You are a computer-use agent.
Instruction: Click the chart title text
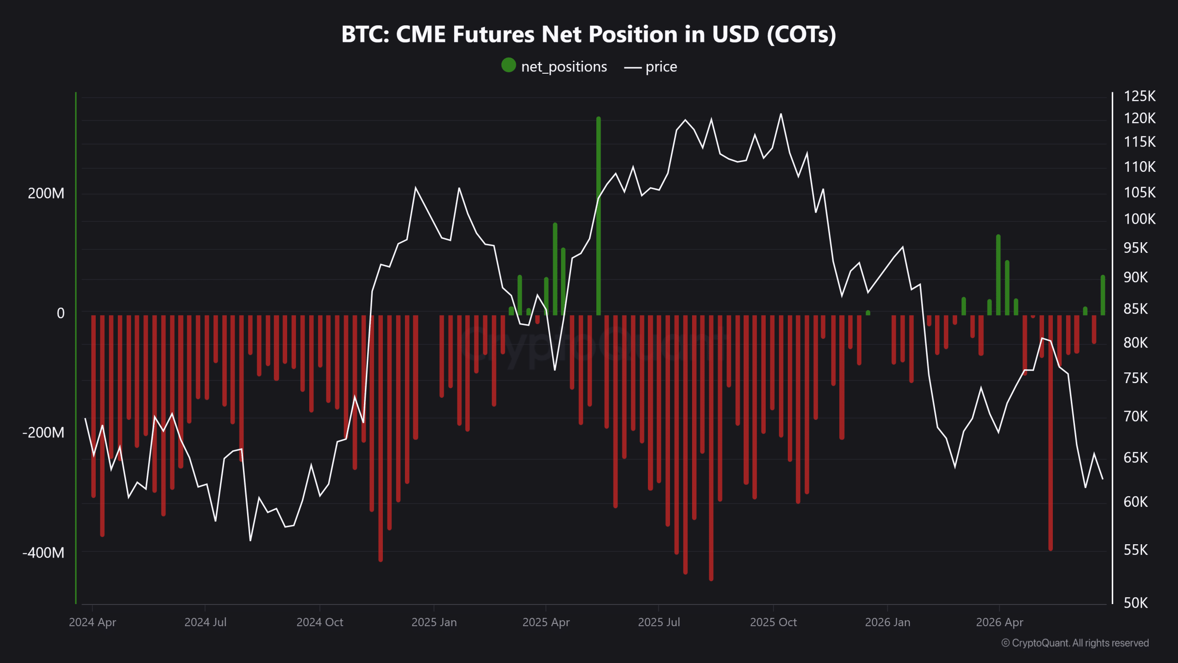pyautogui.click(x=589, y=35)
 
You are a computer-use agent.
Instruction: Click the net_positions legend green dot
pyautogui.click(x=508, y=65)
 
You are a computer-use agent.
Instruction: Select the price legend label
pyautogui.click(x=661, y=67)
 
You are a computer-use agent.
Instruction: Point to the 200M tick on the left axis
pyautogui.click(x=46, y=193)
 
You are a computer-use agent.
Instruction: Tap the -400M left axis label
pyautogui.click(x=43, y=552)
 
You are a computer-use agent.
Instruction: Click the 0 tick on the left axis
pyautogui.click(x=61, y=314)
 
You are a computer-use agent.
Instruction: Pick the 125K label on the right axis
pyautogui.click(x=1140, y=96)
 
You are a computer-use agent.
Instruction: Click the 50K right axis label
pyautogui.click(x=1136, y=603)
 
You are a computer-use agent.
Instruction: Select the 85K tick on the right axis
pyautogui.click(x=1136, y=309)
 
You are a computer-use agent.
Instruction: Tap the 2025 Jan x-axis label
pyautogui.click(x=434, y=622)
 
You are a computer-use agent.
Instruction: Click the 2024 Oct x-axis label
pyautogui.click(x=320, y=622)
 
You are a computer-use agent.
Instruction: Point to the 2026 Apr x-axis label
pyautogui.click(x=999, y=622)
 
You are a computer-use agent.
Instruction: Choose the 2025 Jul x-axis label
pyautogui.click(x=659, y=622)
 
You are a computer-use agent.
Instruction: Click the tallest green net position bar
pyautogui.click(x=599, y=216)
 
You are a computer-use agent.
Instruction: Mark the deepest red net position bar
pyautogui.click(x=711, y=448)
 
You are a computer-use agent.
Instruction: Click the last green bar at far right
pyautogui.click(x=1103, y=295)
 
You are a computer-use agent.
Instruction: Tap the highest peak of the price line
pyautogui.click(x=781, y=114)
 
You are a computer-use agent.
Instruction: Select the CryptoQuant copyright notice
pyautogui.click(x=1075, y=643)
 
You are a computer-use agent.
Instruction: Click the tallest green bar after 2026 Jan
pyautogui.click(x=999, y=275)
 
